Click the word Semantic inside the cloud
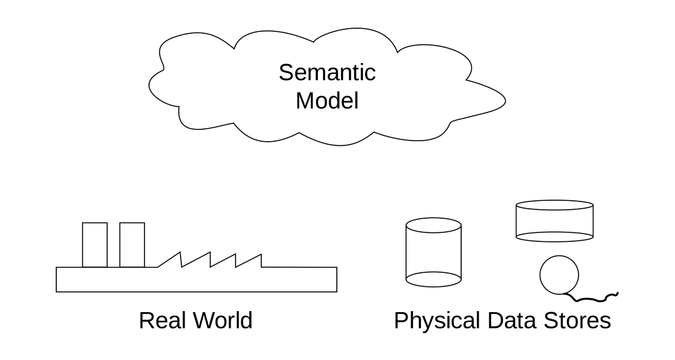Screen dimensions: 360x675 pos(327,73)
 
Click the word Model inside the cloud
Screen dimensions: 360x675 pos(327,101)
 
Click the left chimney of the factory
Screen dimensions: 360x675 pos(94,245)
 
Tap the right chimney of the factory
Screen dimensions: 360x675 pos(132,245)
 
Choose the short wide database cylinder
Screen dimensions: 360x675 pos(555,221)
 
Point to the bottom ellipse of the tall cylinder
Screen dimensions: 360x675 pos(434,278)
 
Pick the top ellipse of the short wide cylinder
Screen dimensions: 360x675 pos(555,205)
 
